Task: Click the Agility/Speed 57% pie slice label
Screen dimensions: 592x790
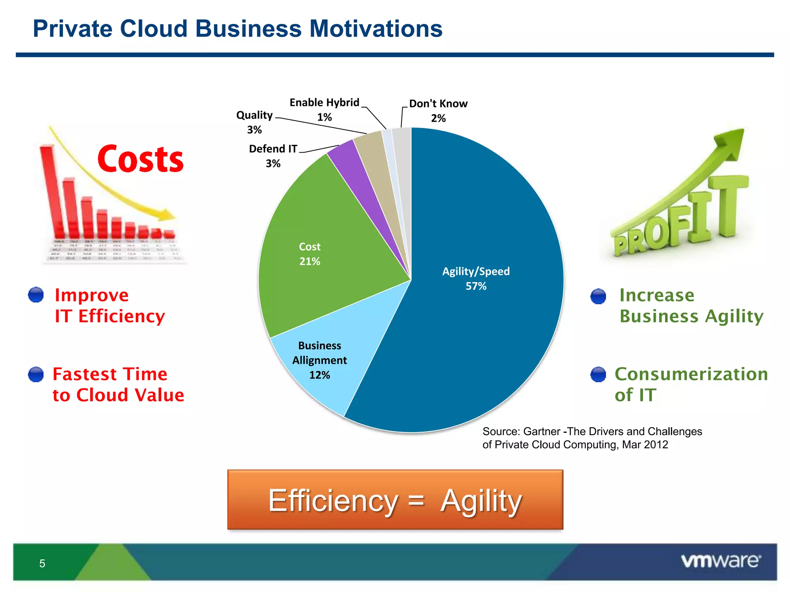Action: click(x=476, y=278)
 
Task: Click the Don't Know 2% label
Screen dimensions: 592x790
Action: click(x=438, y=111)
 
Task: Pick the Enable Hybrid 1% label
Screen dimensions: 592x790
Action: click(x=324, y=109)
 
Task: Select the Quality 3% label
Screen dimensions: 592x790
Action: click(x=254, y=122)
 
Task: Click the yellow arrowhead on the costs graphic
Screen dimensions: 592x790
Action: click(x=168, y=215)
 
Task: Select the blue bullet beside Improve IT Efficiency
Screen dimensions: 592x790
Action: click(x=36, y=295)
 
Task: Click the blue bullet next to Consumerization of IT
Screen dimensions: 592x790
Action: click(x=598, y=374)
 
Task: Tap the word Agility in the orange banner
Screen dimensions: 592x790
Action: click(x=481, y=501)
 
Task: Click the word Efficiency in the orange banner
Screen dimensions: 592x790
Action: click(x=333, y=501)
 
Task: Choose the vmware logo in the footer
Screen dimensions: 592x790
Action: click(x=720, y=561)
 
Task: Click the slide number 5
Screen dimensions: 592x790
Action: click(x=42, y=563)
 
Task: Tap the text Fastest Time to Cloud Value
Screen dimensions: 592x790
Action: click(x=118, y=385)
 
